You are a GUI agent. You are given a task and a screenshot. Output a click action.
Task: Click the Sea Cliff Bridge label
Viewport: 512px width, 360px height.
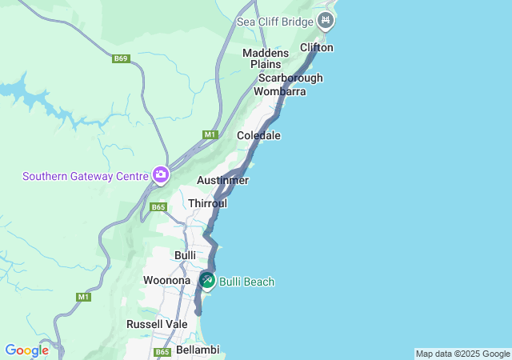pos(274,21)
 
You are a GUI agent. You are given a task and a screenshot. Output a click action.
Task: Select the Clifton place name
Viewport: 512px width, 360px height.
pos(316,48)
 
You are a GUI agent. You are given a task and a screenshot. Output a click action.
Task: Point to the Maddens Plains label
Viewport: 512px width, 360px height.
pos(266,58)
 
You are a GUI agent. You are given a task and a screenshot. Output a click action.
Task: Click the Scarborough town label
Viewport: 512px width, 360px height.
pos(290,78)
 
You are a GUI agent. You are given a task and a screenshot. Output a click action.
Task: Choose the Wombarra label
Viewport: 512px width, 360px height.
pos(279,92)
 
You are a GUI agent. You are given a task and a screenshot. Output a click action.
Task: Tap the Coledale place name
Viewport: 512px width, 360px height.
pos(258,136)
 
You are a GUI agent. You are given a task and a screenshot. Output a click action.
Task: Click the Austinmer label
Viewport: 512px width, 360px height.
pos(222,181)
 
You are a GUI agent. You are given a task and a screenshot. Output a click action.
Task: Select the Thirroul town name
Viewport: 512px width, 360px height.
pos(208,204)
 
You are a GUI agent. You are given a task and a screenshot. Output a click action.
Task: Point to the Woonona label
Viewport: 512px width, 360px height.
pos(166,281)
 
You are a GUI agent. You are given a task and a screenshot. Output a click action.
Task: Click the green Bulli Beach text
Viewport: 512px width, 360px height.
pos(247,282)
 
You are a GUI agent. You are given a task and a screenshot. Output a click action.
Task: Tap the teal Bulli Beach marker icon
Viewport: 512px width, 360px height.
pos(207,280)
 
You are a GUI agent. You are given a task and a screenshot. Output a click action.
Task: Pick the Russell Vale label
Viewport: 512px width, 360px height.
pos(157,325)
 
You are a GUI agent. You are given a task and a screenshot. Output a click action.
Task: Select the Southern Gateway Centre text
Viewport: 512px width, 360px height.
pos(86,176)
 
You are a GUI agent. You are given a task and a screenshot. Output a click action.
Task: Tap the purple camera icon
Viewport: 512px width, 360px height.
pos(162,174)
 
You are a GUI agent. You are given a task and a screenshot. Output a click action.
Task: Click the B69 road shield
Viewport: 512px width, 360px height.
pos(120,58)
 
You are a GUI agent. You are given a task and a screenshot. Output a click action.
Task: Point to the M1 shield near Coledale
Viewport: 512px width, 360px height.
pos(210,134)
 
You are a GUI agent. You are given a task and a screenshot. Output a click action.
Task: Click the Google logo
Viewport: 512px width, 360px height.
pos(26,350)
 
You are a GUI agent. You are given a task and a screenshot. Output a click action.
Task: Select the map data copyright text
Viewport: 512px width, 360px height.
pos(462,354)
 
